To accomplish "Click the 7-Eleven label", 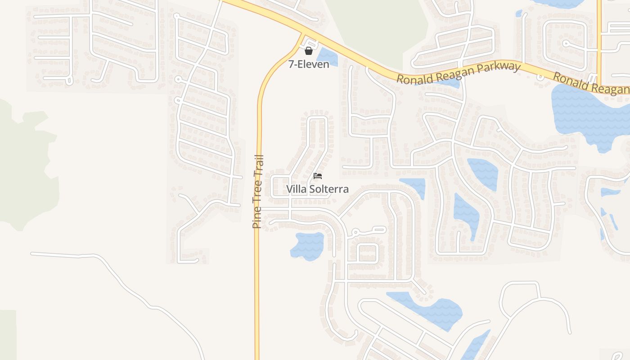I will pyautogui.click(x=309, y=64).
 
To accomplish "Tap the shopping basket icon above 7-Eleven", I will pyautogui.click(x=309, y=51).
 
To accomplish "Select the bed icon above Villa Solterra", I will pyautogui.click(x=318, y=176).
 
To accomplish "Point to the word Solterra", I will pyautogui.click(x=328, y=189).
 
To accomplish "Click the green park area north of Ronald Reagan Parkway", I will pyautogui.click(x=373, y=27).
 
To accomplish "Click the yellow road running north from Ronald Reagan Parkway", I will pyautogui.click(x=599, y=40).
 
